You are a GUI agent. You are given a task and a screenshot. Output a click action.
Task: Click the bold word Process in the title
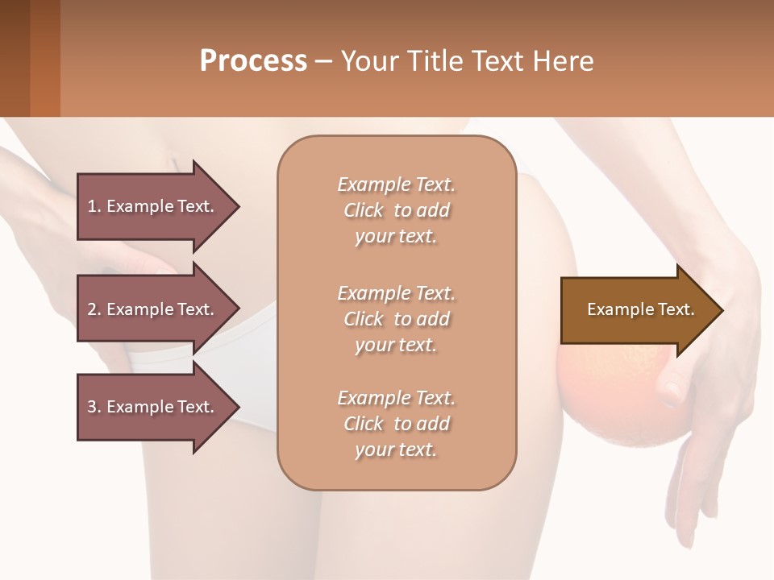coord(253,61)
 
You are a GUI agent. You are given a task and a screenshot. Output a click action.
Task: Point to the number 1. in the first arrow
coord(94,206)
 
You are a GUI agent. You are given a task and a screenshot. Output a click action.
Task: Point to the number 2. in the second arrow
coord(94,309)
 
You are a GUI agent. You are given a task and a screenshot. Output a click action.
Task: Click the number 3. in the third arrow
coord(94,407)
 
